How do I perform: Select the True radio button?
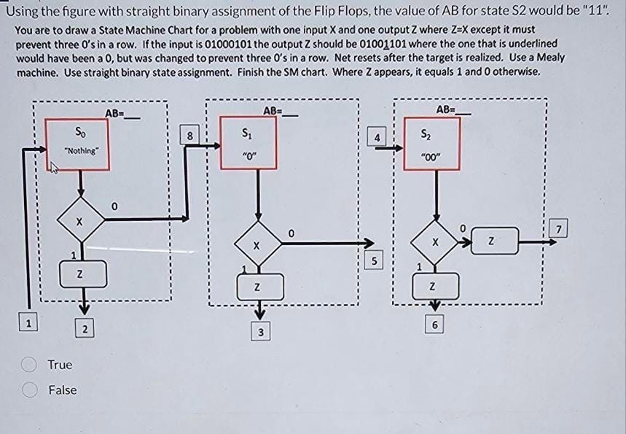[31, 364]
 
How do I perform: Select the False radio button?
[31, 390]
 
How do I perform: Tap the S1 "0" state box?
[250, 142]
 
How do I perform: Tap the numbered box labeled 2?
[85, 329]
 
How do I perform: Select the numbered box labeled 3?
[260, 333]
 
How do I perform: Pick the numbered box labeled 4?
[376, 136]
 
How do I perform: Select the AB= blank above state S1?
[281, 111]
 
